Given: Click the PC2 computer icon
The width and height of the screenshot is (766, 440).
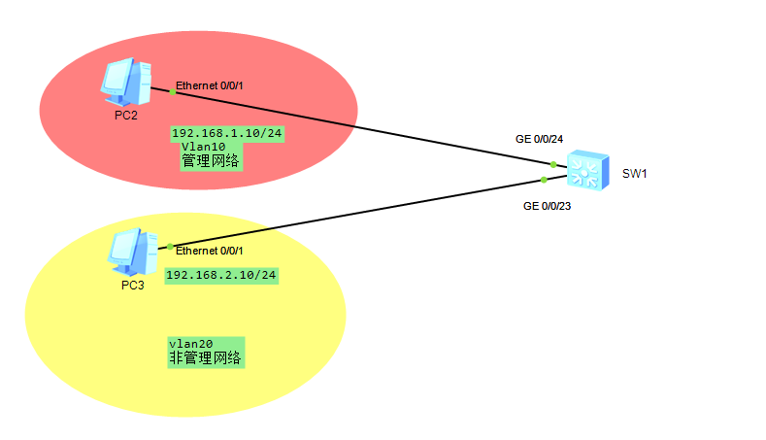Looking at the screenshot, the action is pyautogui.click(x=126, y=82).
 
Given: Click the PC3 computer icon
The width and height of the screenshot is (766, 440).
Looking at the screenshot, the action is pyautogui.click(x=132, y=253).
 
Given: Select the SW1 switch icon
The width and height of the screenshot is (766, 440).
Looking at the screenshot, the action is pyautogui.click(x=587, y=170).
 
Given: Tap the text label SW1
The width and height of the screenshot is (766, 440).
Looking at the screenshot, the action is pyautogui.click(x=634, y=174).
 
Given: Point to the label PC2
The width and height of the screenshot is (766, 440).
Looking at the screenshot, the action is pyautogui.click(x=126, y=116).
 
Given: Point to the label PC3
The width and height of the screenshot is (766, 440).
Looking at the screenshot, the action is pyautogui.click(x=133, y=286).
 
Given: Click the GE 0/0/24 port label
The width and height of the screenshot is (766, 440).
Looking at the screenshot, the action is pyautogui.click(x=540, y=139).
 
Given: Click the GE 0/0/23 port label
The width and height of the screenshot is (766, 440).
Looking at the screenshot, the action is pyautogui.click(x=548, y=206).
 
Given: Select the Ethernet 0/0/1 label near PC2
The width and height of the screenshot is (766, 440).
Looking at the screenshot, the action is pyautogui.click(x=209, y=85).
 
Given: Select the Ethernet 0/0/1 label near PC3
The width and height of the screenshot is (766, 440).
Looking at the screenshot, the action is pyautogui.click(x=209, y=251).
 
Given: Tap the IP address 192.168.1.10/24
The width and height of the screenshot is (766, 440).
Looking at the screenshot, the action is pyautogui.click(x=226, y=133).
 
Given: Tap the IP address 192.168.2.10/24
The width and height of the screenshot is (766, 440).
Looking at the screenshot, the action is pyautogui.click(x=221, y=275).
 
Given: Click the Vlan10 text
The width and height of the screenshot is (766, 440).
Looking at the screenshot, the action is pyautogui.click(x=203, y=147).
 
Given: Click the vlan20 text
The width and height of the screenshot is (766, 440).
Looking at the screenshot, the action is pyautogui.click(x=191, y=344).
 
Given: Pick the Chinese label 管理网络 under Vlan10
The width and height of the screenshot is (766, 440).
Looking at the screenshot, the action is pyautogui.click(x=211, y=161).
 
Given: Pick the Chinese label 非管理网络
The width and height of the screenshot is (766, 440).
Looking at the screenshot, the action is pyautogui.click(x=205, y=357).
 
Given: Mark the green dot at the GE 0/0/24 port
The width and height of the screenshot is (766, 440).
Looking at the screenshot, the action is pyautogui.click(x=553, y=165).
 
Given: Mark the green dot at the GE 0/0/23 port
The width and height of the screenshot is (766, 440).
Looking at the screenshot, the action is pyautogui.click(x=544, y=180).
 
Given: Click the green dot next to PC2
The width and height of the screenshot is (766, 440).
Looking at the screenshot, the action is pyautogui.click(x=173, y=91).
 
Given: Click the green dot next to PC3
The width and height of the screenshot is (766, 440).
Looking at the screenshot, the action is pyautogui.click(x=170, y=247).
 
